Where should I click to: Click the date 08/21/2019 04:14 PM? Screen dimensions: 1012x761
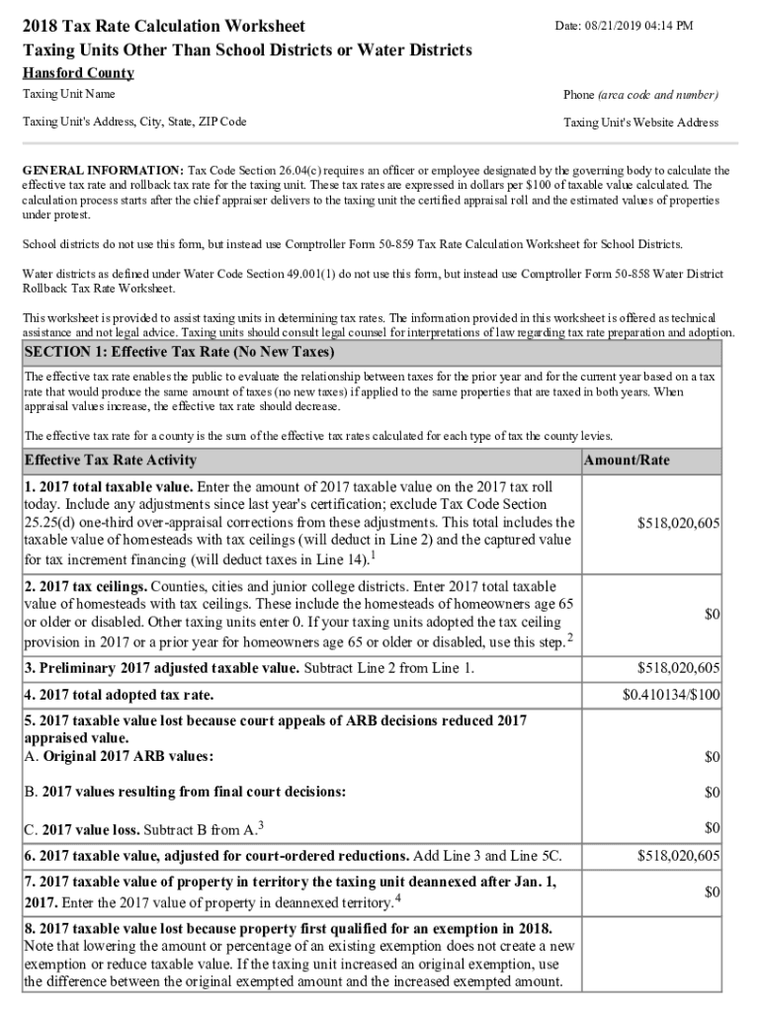tap(636, 26)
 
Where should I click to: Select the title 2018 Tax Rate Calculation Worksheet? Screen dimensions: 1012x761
tap(164, 26)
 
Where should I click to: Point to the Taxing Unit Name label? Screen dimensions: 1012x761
tap(69, 94)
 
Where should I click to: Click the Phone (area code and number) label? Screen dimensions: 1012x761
tap(640, 95)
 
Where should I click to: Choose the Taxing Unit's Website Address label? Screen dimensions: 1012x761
tap(640, 123)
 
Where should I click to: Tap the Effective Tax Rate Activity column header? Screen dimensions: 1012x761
tap(110, 460)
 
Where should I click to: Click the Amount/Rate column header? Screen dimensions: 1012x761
tap(627, 461)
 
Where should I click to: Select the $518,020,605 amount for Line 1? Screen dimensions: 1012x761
tap(678, 523)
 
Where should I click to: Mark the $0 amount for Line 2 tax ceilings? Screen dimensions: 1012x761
tap(711, 615)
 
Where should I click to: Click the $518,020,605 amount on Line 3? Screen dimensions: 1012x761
tap(678, 668)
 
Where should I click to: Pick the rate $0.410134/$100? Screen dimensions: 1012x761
tap(671, 695)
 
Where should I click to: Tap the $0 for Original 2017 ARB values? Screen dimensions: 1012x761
tap(711, 757)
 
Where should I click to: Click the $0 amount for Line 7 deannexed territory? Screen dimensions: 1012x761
tap(711, 892)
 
